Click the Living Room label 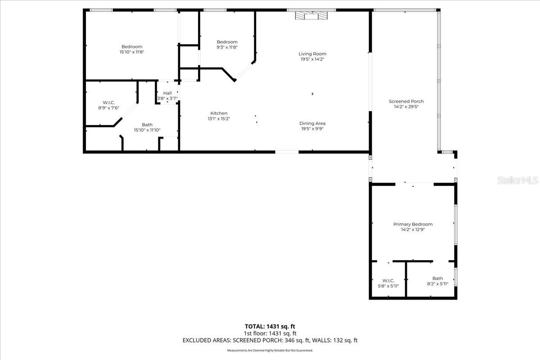[313, 54]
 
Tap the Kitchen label [219, 113]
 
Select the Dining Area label [313, 123]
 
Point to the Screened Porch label [406, 102]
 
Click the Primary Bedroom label [413, 224]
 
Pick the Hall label [167, 93]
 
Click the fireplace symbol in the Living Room [311, 16]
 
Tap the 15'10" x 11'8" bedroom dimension [132, 52]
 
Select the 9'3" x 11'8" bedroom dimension [227, 47]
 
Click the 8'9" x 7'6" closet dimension [108, 108]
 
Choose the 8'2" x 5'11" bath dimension [437, 283]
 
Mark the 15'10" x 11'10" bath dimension [147, 130]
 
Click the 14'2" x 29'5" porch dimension [406, 107]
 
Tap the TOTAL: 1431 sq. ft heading [270, 326]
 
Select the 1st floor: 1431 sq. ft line [270, 333]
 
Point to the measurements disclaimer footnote [270, 350]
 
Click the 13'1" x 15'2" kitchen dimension [219, 119]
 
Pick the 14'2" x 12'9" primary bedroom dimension [413, 229]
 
